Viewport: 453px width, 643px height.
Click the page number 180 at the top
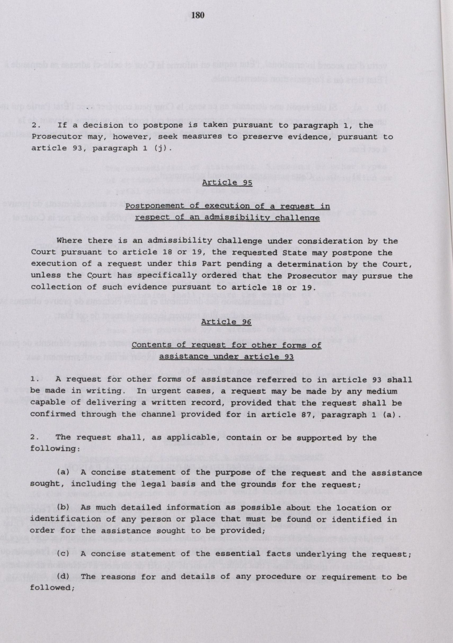pyautogui.click(x=199, y=15)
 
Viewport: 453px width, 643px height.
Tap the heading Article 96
pyautogui.click(x=226, y=322)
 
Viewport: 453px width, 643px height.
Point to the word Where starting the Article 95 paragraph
pyautogui.click(x=69, y=240)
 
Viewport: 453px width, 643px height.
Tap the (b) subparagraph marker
pyautogui.click(x=63, y=507)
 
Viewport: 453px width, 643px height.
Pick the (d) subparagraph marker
pyautogui.click(x=63, y=577)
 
